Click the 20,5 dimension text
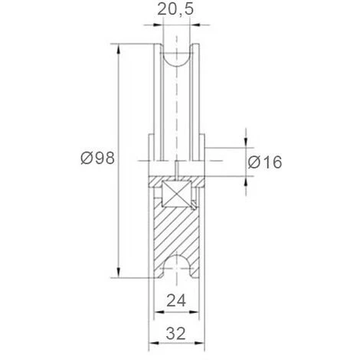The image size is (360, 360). [175, 9]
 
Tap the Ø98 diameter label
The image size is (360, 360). [97, 159]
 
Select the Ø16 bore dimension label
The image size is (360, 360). [265, 162]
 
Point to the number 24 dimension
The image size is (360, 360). [176, 301]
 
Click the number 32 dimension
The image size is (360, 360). [176, 333]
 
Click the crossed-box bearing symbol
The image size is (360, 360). [176, 194]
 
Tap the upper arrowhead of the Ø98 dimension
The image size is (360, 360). [118, 49]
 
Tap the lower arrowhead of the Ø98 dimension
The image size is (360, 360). [118, 272]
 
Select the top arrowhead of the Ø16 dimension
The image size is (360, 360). [246, 142]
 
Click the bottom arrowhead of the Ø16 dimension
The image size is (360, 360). [246, 181]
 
